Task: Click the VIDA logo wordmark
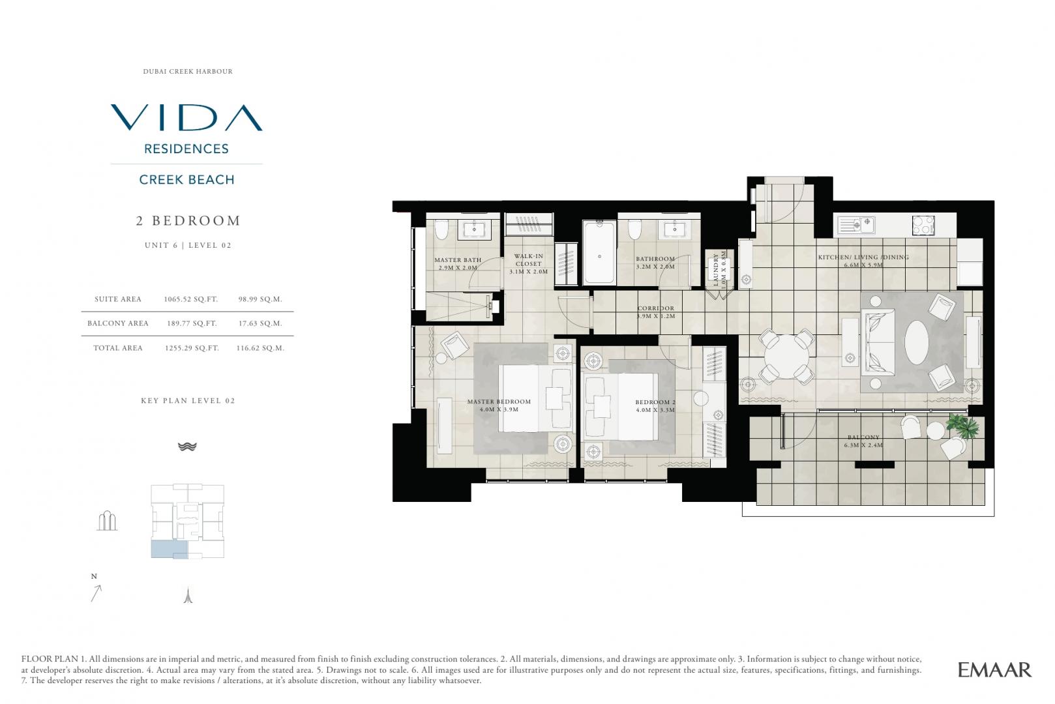point(186,118)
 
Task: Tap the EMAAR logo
point(995,669)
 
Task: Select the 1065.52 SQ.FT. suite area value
point(191,299)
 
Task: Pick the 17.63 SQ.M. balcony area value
point(260,323)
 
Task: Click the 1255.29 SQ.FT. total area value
point(192,348)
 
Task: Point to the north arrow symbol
point(96,593)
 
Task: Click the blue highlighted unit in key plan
point(170,550)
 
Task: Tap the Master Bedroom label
point(499,405)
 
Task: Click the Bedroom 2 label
point(655,406)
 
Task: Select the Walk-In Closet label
point(528,264)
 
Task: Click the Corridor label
point(655,312)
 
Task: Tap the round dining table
point(786,357)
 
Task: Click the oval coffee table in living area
point(917,342)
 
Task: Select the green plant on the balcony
point(963,426)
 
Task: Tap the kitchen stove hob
point(923,225)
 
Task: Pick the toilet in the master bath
point(441,229)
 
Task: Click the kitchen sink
point(856,225)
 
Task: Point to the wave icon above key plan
point(187,447)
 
